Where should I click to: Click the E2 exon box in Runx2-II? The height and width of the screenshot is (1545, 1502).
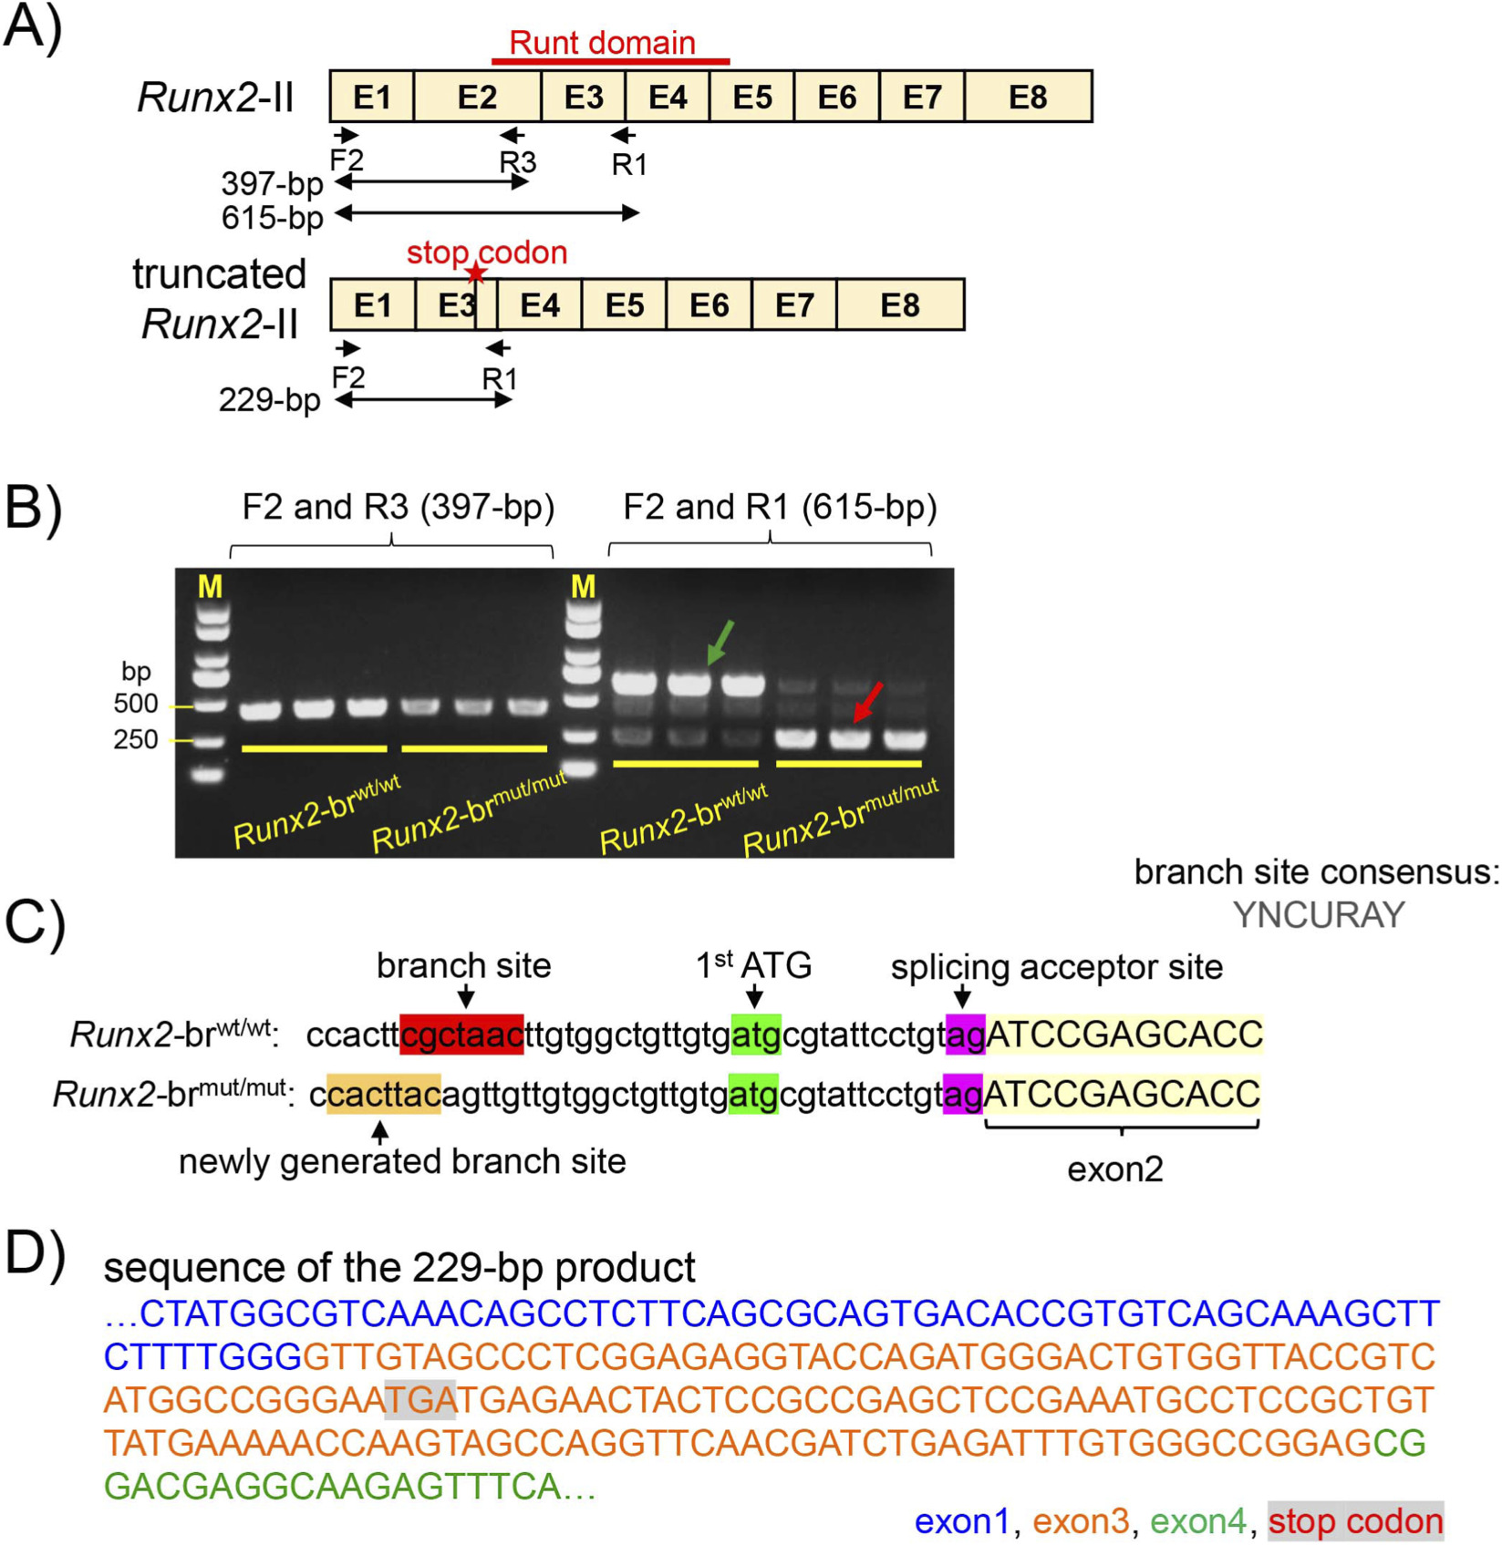pyautogui.click(x=477, y=96)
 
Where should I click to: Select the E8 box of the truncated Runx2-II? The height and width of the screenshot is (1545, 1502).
pyautogui.click(x=900, y=304)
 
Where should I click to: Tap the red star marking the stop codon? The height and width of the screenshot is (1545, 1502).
pyautogui.click(x=475, y=273)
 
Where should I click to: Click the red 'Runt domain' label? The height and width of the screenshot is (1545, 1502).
pyautogui.click(x=602, y=42)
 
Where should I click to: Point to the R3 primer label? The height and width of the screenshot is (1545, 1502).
pyautogui.click(x=517, y=162)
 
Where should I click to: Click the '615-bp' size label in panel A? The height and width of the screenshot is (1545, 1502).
pyautogui.click(x=273, y=218)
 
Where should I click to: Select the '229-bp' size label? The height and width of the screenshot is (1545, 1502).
pyautogui.click(x=270, y=400)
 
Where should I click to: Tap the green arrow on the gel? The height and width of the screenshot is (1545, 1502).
pyautogui.click(x=720, y=643)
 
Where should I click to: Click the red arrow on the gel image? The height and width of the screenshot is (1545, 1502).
pyautogui.click(x=868, y=703)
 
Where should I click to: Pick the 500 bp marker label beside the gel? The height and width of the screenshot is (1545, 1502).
pyautogui.click(x=136, y=704)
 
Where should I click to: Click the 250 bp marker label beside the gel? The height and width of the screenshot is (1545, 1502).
pyautogui.click(x=136, y=739)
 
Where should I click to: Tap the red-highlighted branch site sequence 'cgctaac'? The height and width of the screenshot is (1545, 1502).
pyautogui.click(x=461, y=1035)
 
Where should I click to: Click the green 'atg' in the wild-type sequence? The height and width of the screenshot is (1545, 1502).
pyautogui.click(x=756, y=1035)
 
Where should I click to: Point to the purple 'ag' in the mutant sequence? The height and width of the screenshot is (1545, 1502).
pyautogui.click(x=963, y=1094)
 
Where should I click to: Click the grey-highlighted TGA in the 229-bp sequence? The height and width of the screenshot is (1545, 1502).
pyautogui.click(x=420, y=1399)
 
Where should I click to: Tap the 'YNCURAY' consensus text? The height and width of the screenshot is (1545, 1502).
pyautogui.click(x=1319, y=915)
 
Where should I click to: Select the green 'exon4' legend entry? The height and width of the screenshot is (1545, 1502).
pyautogui.click(x=1197, y=1521)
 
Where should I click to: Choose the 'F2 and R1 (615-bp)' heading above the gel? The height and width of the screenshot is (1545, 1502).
pyautogui.click(x=780, y=507)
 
